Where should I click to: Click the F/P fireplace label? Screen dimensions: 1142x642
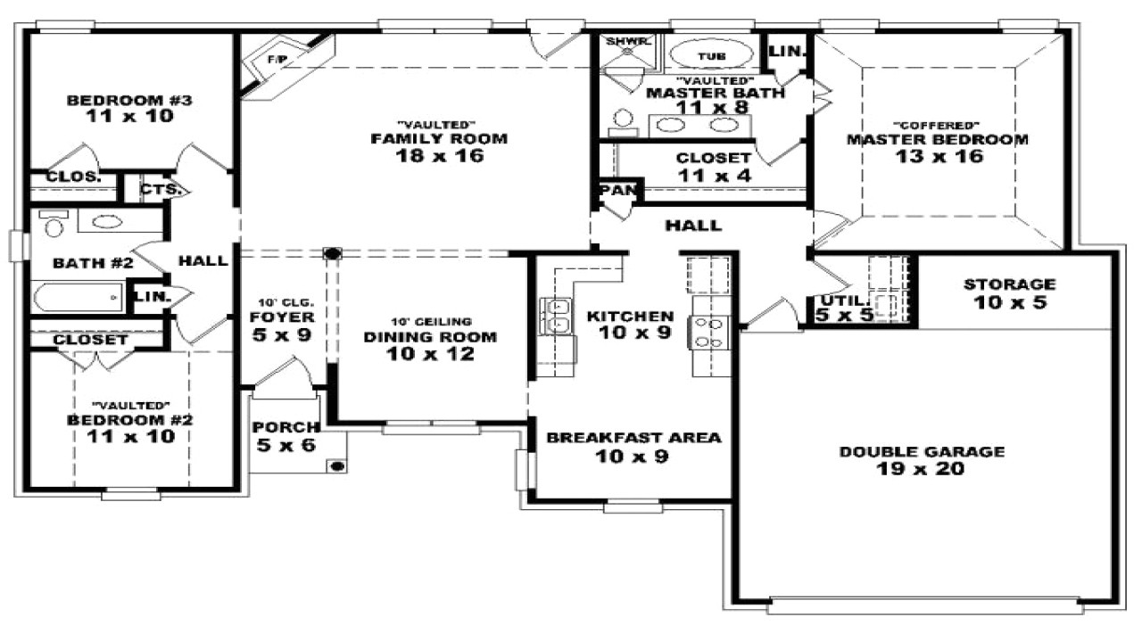(x=277, y=60)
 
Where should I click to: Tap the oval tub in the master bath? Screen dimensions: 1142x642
(x=711, y=55)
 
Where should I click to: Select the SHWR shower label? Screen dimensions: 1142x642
(x=627, y=41)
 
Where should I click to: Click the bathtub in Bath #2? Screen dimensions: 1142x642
(x=78, y=297)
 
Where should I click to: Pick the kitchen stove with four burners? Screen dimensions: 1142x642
(x=709, y=333)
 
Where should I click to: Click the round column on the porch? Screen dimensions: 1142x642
(x=337, y=465)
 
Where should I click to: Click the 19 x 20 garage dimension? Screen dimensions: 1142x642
(x=921, y=469)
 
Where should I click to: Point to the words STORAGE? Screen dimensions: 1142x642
(x=1009, y=284)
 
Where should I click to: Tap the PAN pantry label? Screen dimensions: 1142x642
(x=617, y=190)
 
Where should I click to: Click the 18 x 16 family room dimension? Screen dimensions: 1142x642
(x=440, y=155)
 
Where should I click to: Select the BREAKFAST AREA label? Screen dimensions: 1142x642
(x=633, y=438)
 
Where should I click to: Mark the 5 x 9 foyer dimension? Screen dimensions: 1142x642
(x=281, y=334)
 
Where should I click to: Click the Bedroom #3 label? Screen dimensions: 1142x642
(x=129, y=101)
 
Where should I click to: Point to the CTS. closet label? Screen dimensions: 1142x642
(x=161, y=190)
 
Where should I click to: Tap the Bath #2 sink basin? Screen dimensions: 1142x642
(x=106, y=221)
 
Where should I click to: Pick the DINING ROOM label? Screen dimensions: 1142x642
(x=430, y=337)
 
